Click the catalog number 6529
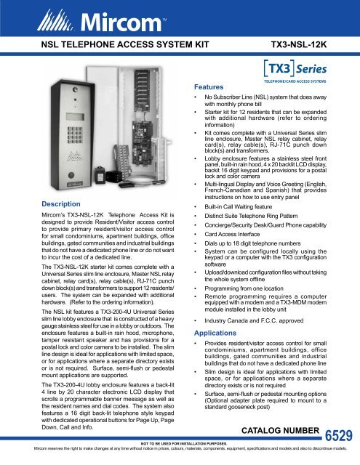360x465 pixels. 340,436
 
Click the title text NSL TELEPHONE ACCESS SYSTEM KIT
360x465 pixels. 119,44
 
